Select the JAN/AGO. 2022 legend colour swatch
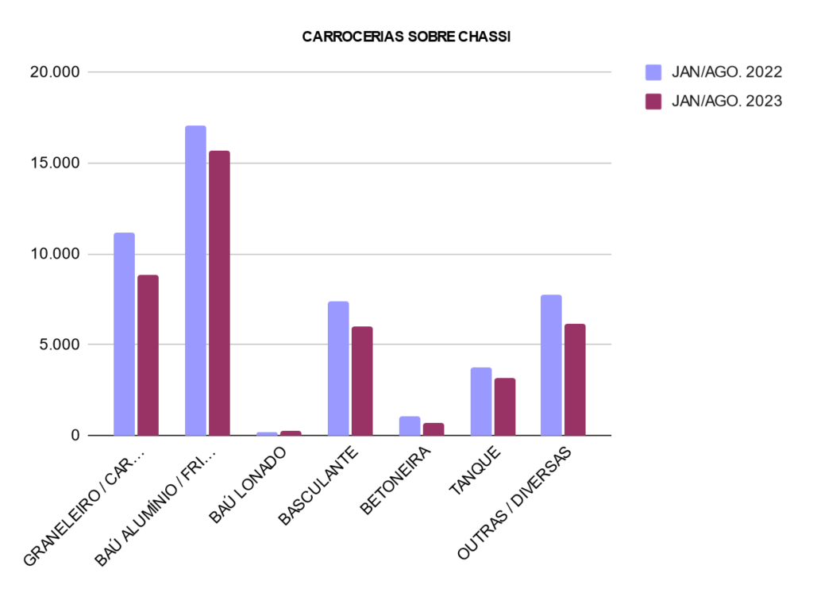(653, 72)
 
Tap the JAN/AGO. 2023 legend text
(726, 101)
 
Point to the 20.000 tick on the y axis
(54, 72)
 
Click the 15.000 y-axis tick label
(54, 163)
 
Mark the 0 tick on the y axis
(75, 435)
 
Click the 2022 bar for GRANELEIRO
(124, 334)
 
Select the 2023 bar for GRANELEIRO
(148, 355)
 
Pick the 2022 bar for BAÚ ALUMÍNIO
(195, 280)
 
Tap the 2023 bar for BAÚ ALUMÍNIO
(219, 293)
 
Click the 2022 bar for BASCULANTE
(338, 368)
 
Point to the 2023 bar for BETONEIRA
(433, 429)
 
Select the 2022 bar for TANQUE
(481, 402)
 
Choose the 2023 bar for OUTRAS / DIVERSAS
(575, 379)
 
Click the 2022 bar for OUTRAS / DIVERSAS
(551, 365)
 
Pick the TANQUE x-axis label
(475, 471)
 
